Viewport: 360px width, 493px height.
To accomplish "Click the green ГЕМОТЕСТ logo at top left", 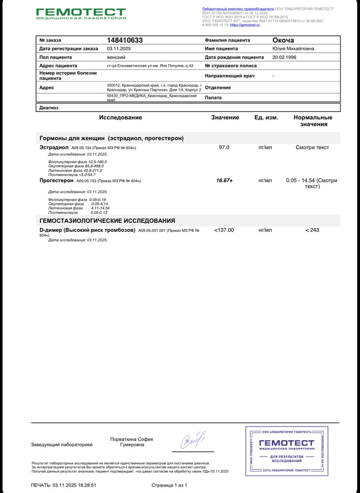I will click(81, 13).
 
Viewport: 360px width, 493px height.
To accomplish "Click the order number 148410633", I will click(125, 40).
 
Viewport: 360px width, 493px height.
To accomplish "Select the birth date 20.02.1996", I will click(285, 57).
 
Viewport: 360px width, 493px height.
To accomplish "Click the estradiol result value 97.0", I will click(224, 147).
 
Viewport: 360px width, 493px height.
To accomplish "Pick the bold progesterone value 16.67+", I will click(224, 180).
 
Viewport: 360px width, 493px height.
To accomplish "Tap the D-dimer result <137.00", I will click(224, 230).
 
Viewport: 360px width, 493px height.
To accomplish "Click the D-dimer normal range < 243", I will click(312, 230).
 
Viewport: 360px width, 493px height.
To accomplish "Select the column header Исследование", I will click(120, 117).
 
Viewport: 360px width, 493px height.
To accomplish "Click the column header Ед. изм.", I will click(266, 117).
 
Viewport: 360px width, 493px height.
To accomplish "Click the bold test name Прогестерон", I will click(57, 180).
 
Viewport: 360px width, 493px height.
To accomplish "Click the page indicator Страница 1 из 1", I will click(170, 485).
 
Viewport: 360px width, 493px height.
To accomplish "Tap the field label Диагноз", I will click(49, 107).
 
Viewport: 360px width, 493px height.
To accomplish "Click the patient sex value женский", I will click(116, 57).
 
